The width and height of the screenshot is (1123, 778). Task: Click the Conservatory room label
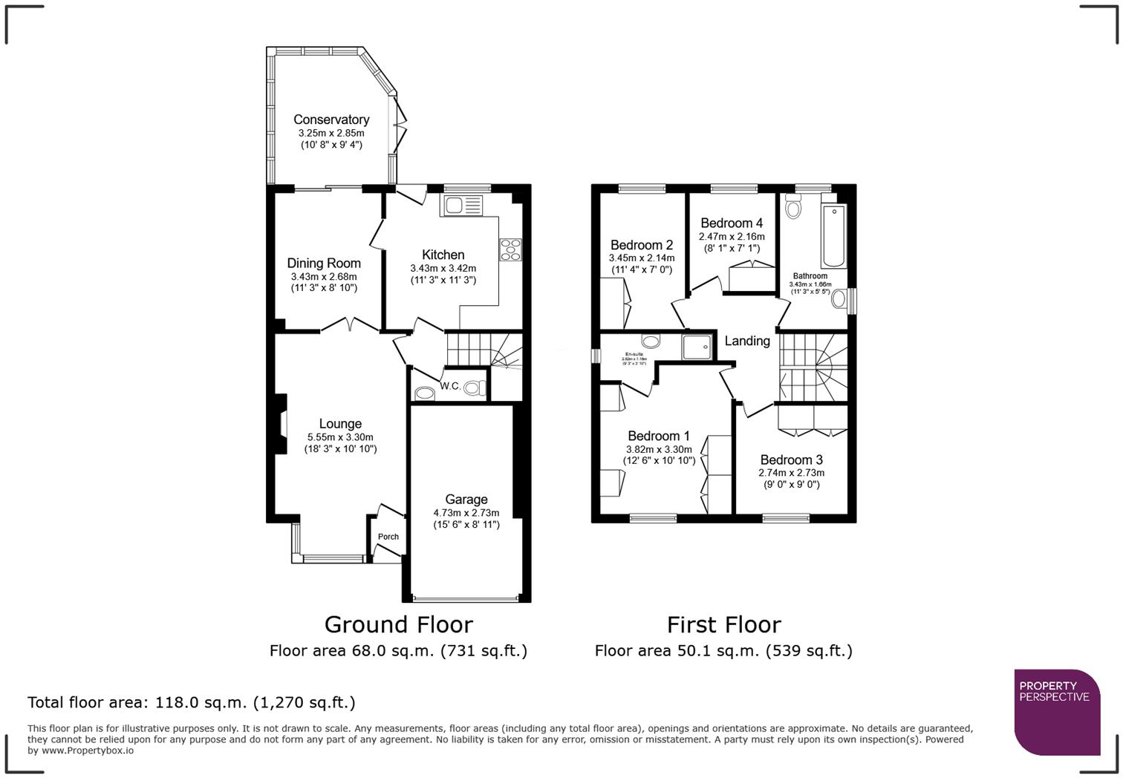pos(331,120)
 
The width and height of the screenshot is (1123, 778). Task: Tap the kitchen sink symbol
pos(461,205)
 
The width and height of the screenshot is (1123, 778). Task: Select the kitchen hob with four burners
pos(511,249)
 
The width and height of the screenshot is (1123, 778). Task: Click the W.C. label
pos(450,386)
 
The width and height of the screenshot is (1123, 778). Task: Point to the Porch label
pos(388,537)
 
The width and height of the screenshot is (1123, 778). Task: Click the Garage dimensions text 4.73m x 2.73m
pos(466,513)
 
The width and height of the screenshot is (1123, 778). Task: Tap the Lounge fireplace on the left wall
pos(281,424)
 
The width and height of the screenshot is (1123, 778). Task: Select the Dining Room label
pos(324,263)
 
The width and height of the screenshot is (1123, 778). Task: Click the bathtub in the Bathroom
pos(833,236)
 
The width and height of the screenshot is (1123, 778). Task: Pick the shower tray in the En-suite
pos(696,347)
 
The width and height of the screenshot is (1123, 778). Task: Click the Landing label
pos(747,341)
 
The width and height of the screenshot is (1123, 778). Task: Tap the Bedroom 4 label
pos(732,223)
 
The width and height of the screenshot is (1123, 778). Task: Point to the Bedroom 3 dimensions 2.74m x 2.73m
pos(791,473)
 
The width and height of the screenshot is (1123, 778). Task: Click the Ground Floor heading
pos(398,624)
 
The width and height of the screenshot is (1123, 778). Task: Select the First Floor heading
pos(723,624)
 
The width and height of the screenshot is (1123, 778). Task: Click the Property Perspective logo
pos(1056,711)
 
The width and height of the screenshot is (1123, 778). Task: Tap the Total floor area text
pos(192,702)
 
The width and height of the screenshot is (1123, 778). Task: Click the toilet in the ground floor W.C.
pos(475,388)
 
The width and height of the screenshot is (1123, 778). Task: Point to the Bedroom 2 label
pos(642,245)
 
